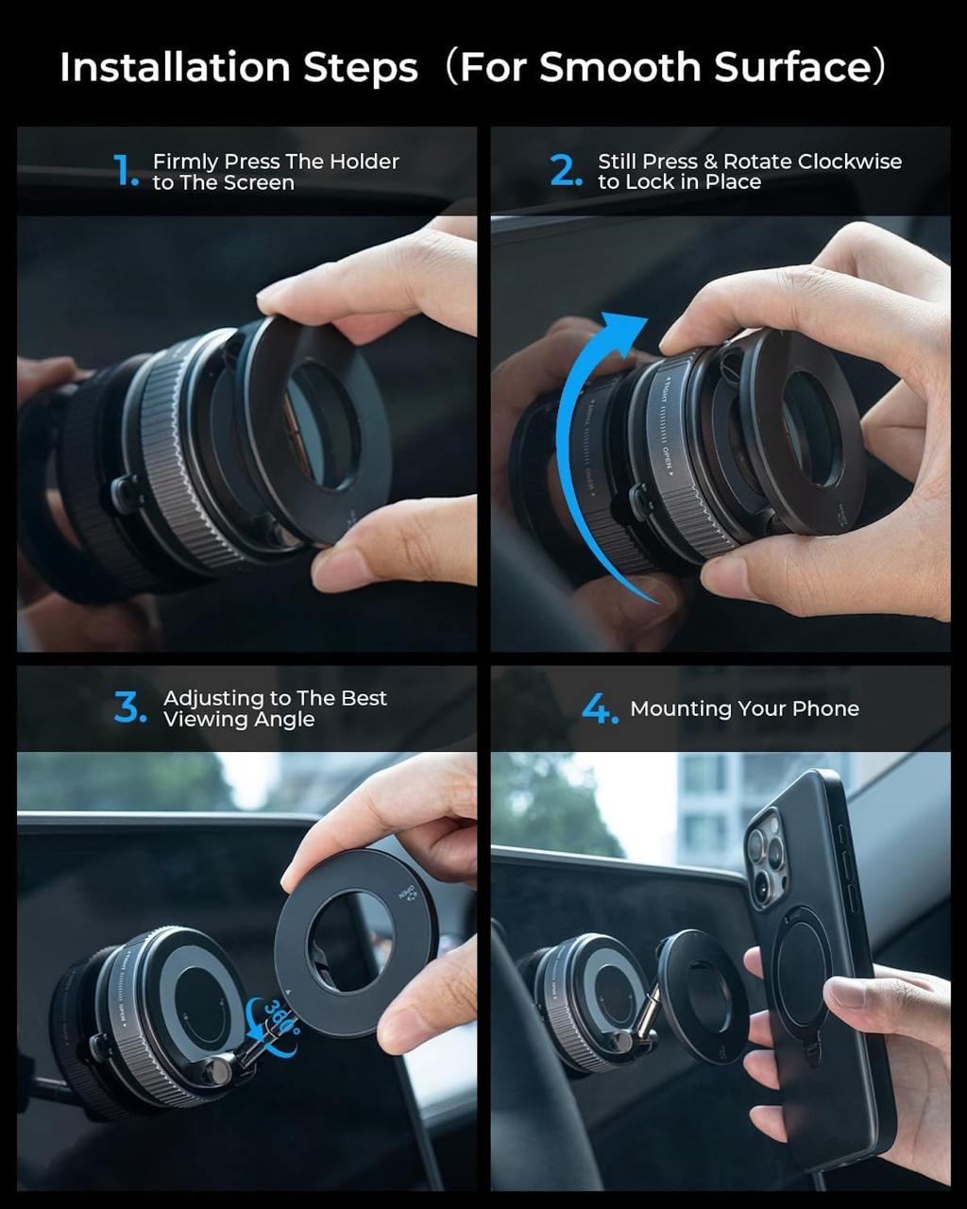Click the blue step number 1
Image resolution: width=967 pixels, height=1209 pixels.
coord(126,171)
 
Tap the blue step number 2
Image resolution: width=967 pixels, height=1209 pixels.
coord(566,171)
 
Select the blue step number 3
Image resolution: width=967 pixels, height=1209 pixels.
coord(130,707)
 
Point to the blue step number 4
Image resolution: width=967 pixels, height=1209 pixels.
coord(599,708)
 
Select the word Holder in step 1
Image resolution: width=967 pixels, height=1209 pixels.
coord(364,162)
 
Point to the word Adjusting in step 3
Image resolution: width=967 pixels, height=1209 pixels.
coord(213,698)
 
